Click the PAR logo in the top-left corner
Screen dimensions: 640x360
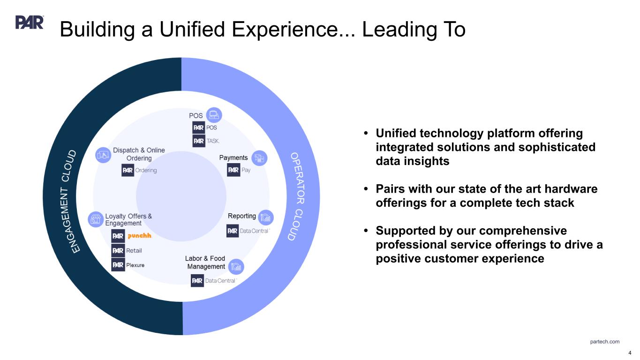click(30, 22)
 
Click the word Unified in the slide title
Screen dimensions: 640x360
click(192, 29)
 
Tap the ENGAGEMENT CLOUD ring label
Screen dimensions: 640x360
click(69, 201)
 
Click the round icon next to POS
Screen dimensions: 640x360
click(214, 115)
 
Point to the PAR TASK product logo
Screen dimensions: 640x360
click(206, 141)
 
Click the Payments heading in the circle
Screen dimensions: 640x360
click(233, 157)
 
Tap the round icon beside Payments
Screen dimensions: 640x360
click(259, 158)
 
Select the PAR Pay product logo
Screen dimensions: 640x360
click(239, 170)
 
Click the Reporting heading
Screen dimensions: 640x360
click(242, 216)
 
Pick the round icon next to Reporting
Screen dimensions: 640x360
click(266, 217)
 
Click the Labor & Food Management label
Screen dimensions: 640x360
click(205, 262)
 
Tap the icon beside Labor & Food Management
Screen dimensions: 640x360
click(236, 266)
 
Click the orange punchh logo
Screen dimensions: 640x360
click(139, 236)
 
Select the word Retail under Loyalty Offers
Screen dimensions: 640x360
click(134, 251)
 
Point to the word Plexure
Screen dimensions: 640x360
click(135, 265)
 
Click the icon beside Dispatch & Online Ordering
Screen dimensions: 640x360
click(103, 155)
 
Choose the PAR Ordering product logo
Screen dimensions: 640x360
click(139, 170)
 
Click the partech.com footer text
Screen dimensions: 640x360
click(604, 342)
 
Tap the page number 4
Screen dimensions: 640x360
click(630, 353)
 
